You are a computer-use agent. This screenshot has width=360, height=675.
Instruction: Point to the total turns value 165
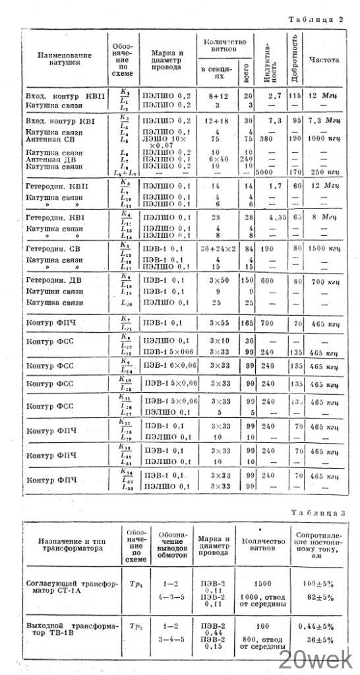[x=247, y=324]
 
